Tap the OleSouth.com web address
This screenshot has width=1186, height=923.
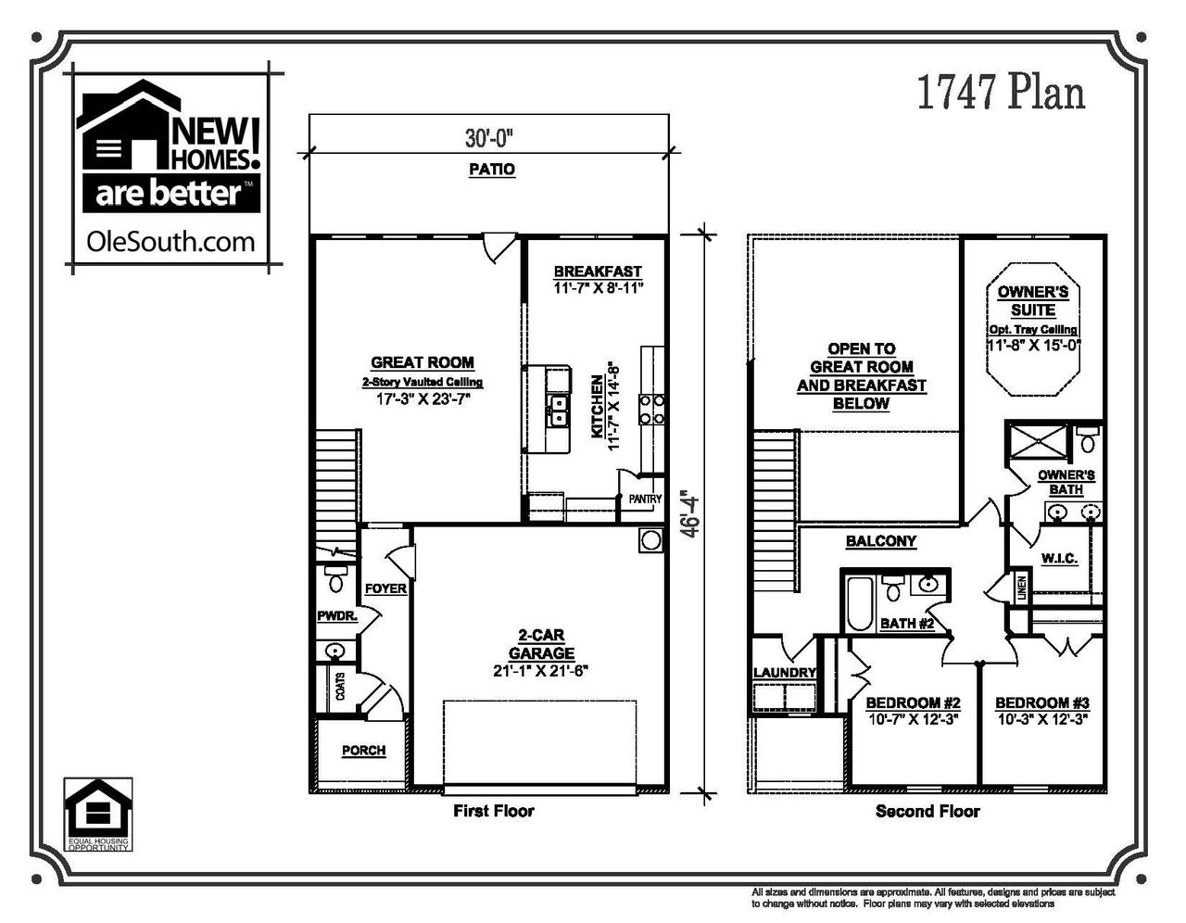(x=170, y=242)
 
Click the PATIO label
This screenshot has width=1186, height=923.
(x=490, y=170)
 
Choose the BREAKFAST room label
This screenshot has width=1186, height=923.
(x=598, y=272)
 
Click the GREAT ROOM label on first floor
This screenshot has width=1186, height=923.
(x=423, y=362)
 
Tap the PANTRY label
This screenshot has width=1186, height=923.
(x=645, y=499)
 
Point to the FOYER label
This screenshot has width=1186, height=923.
(x=385, y=588)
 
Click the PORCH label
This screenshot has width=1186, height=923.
(x=363, y=751)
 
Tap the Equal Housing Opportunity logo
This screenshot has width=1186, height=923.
(x=97, y=812)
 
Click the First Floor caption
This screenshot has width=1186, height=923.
(x=493, y=811)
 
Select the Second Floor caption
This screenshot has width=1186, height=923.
(x=927, y=811)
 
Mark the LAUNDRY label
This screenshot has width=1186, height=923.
(x=784, y=673)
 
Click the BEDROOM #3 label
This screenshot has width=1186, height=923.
(x=1041, y=702)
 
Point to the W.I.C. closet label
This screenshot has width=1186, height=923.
(x=1058, y=558)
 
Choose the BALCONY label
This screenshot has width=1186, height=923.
(x=880, y=541)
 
